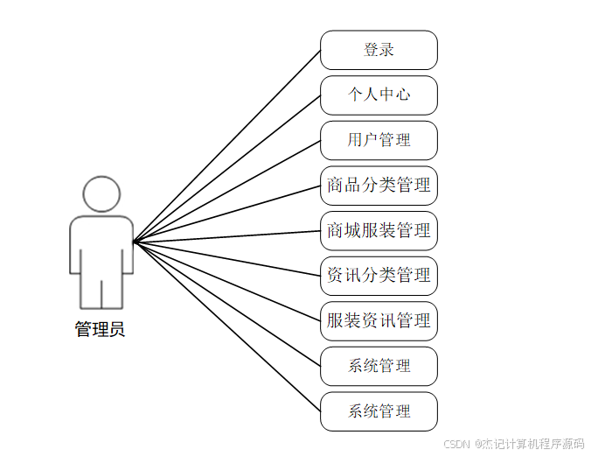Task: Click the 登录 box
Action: pos(379,50)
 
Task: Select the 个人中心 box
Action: pos(379,95)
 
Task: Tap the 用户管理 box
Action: pos(379,140)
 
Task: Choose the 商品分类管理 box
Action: pos(379,186)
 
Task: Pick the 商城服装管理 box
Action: pos(379,231)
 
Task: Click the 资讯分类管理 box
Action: pos(379,276)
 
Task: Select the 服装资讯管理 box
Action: pos(379,321)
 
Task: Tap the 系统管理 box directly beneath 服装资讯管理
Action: pos(379,366)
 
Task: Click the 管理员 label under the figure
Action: pos(100,330)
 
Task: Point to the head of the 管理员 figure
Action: pos(101,195)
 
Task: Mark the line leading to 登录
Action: pos(227,145)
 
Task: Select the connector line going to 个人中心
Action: pos(227,168)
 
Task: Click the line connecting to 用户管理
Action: pos(227,191)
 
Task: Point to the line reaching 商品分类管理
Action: pos(227,214)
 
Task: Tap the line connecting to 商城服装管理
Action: pos(227,236)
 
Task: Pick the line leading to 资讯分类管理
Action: pos(227,258)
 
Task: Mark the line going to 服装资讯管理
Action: pos(227,281)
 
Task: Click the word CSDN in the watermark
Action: pos(457,445)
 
